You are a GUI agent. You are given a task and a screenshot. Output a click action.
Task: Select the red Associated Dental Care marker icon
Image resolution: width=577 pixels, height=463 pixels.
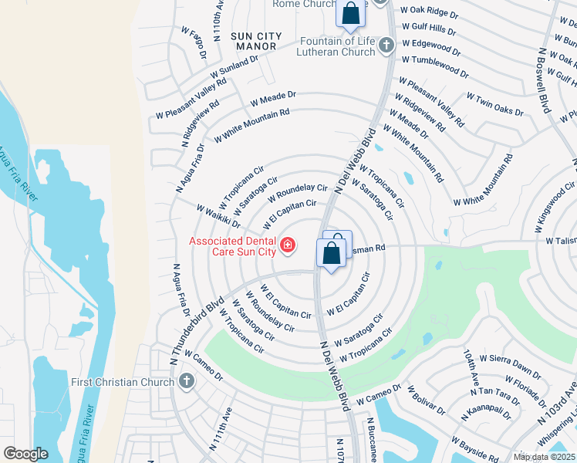[x=288, y=246]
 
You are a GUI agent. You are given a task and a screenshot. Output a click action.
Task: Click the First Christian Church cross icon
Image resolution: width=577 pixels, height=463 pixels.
[x=186, y=382]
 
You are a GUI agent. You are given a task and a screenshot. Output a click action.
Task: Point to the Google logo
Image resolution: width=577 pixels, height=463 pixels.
[x=25, y=453]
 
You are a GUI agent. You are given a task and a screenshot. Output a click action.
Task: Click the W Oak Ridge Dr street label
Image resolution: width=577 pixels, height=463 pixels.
[x=430, y=12]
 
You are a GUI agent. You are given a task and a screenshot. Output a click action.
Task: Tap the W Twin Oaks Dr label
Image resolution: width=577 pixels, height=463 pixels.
[x=494, y=103]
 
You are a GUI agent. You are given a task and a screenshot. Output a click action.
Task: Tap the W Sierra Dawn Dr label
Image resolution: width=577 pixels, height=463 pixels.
[x=510, y=362]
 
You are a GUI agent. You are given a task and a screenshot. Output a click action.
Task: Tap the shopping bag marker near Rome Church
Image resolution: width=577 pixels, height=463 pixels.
[x=350, y=14]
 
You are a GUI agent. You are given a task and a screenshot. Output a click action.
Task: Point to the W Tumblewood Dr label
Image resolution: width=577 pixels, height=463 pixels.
[x=430, y=59]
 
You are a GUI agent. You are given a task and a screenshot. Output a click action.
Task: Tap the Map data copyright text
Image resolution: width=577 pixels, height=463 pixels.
[x=544, y=457]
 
